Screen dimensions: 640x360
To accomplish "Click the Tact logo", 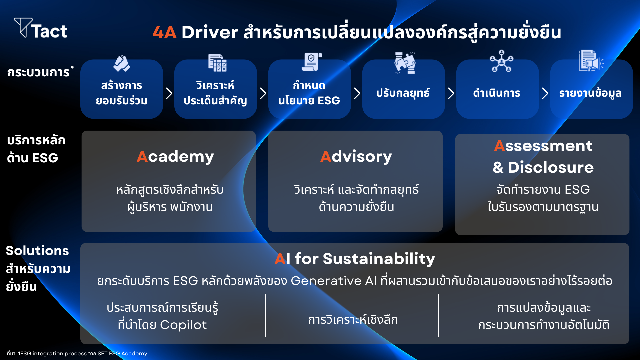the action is [x=40, y=28].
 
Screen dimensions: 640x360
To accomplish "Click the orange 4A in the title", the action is [x=164, y=32].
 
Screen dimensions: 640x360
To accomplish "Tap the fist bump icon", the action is [x=122, y=63].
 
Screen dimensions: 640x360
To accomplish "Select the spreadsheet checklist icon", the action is [x=217, y=63].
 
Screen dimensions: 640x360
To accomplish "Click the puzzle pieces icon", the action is [x=405, y=62].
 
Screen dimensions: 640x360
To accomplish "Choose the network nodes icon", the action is [x=501, y=61].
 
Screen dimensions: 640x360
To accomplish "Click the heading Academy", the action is [x=175, y=157].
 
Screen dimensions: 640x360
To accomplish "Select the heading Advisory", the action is [x=356, y=157].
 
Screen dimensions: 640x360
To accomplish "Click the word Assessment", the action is [x=543, y=146].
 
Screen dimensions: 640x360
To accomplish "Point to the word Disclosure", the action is [x=551, y=167].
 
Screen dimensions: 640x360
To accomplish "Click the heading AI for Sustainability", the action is [x=355, y=259].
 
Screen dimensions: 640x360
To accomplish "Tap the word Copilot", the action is [x=183, y=325].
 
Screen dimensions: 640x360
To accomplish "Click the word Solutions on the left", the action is [x=37, y=251].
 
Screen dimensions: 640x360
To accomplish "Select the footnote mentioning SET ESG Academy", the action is [x=77, y=353].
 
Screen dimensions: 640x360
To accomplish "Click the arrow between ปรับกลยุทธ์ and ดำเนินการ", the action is [x=451, y=93].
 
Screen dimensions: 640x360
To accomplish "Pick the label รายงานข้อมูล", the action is [x=590, y=93].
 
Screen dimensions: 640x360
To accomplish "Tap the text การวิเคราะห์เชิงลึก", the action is [x=353, y=320].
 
